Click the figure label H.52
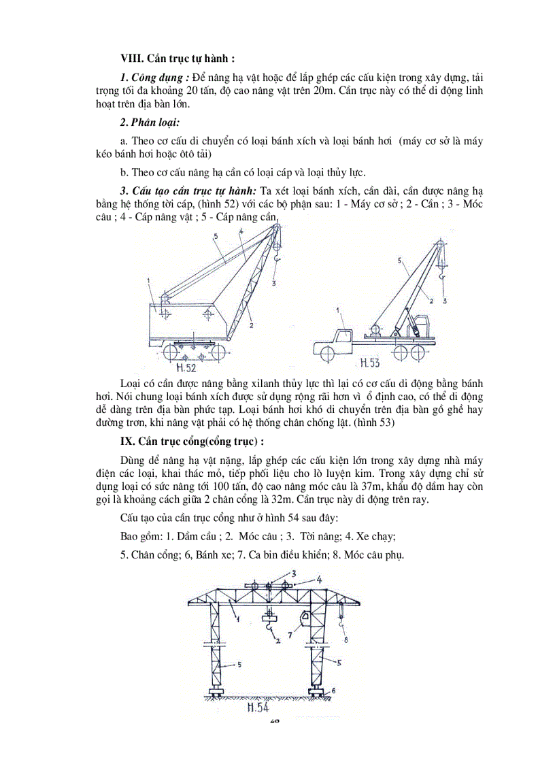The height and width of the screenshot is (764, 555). (x=185, y=368)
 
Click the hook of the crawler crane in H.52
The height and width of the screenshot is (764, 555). (x=277, y=259)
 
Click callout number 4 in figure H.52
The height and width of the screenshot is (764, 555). (x=241, y=232)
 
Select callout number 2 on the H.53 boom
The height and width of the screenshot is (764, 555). (x=431, y=299)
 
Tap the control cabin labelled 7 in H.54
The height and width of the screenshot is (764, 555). (x=305, y=618)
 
